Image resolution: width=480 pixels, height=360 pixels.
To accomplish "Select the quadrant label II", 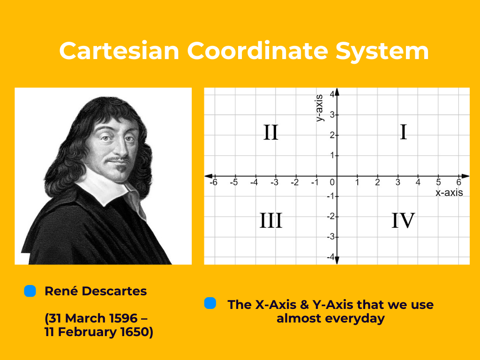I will point(271,133).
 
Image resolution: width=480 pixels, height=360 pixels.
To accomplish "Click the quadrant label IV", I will point(403,220).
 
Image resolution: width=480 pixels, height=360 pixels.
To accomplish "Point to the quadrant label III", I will point(271,220).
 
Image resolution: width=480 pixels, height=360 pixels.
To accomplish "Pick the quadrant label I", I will point(403,133).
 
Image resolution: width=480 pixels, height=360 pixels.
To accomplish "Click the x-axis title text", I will point(449,193).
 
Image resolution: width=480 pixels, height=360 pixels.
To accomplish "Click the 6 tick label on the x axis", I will point(459,182).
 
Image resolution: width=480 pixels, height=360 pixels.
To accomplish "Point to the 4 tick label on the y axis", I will point(331,94).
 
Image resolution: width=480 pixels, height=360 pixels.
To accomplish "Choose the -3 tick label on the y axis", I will point(330,237).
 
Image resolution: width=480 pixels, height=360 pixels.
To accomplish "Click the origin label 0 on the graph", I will point(332,182).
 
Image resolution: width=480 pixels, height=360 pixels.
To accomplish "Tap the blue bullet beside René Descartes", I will point(30,291).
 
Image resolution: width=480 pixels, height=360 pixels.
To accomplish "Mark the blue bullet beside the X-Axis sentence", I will point(210,303).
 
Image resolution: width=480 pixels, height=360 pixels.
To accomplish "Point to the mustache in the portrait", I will point(117,160).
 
